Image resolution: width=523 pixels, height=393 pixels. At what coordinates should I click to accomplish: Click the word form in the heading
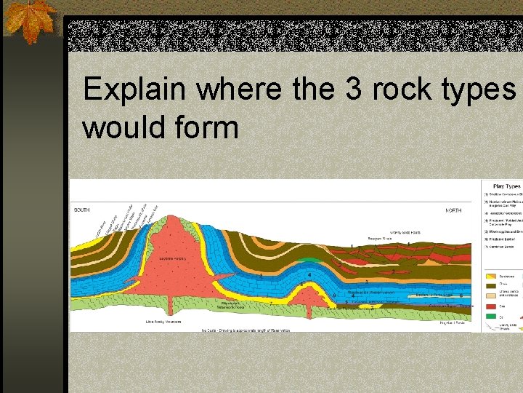(211, 127)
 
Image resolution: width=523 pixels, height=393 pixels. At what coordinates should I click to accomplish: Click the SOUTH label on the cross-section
(82, 210)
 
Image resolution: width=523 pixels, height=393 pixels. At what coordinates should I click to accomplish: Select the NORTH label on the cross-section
(453, 210)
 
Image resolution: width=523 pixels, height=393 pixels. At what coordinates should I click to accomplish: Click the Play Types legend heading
(508, 186)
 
